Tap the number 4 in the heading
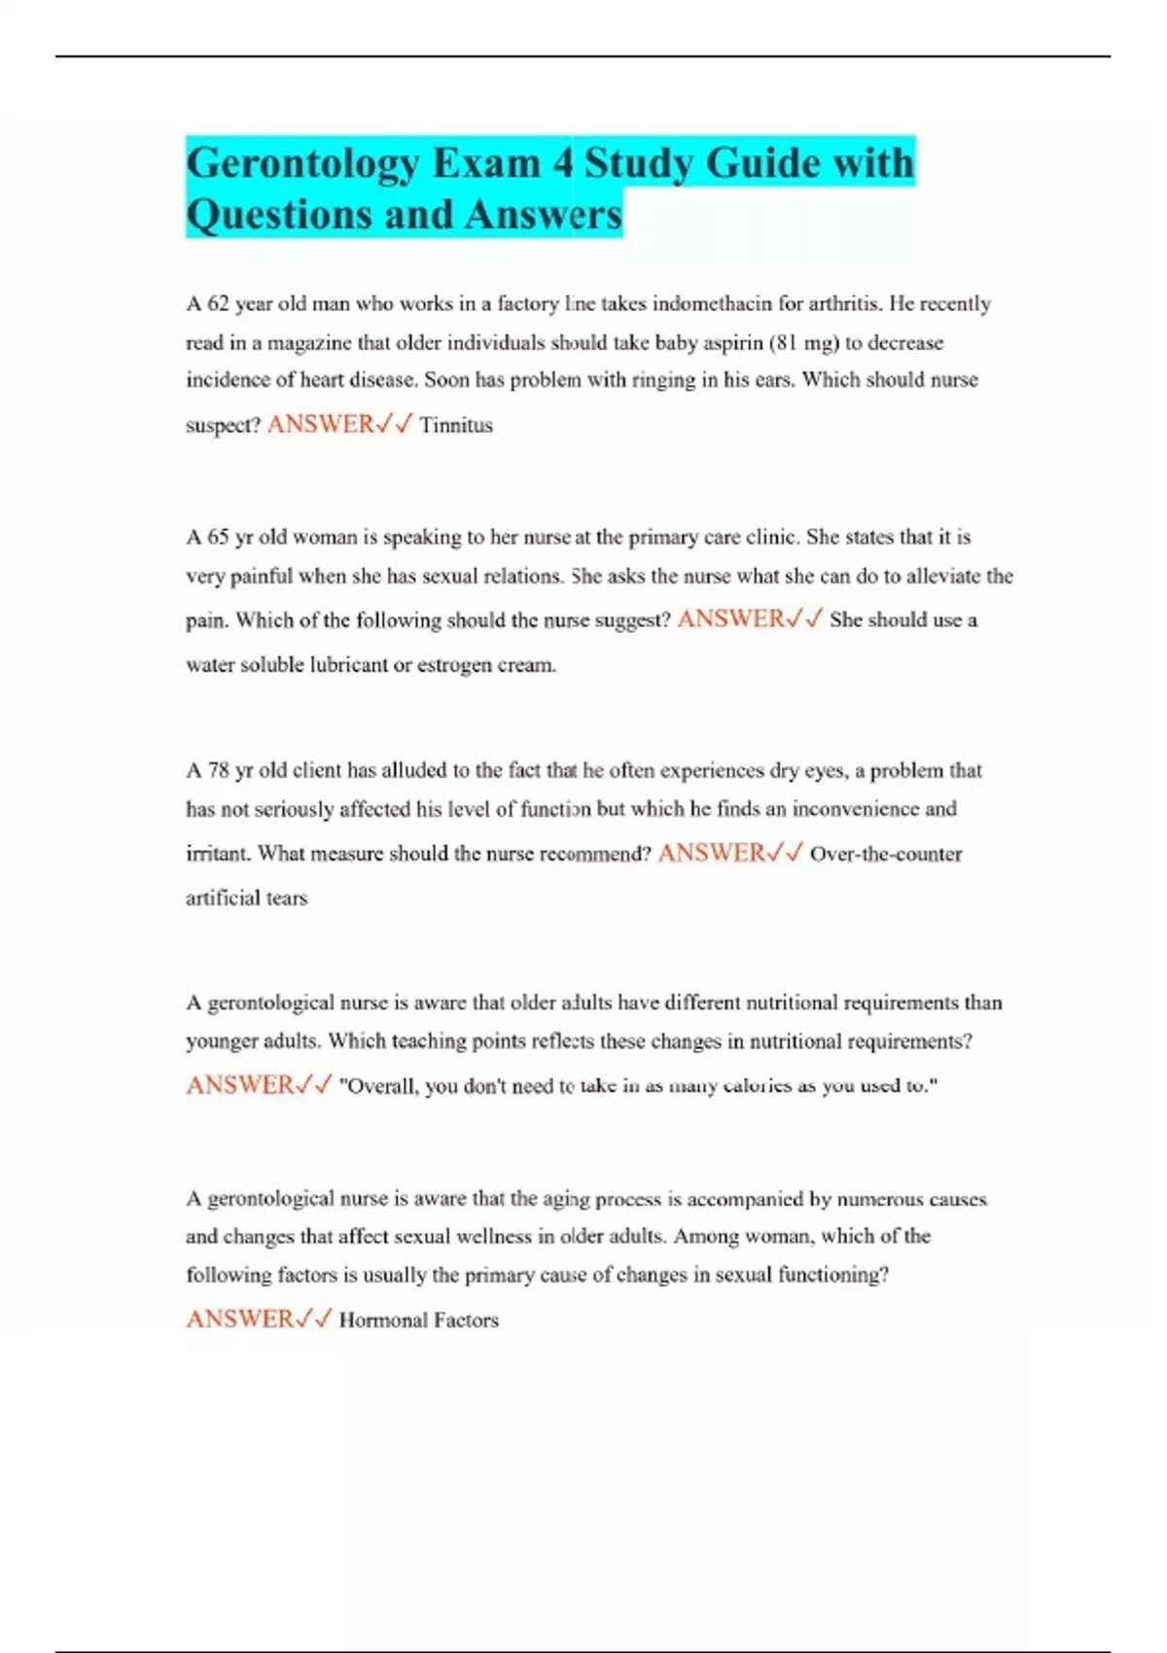coord(563,163)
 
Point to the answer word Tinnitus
coord(456,425)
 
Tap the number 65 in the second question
coord(219,537)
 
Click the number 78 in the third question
coord(219,770)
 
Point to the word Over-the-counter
coord(885,854)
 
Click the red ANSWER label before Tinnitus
coord(320,424)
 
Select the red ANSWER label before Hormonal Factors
coord(239,1319)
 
